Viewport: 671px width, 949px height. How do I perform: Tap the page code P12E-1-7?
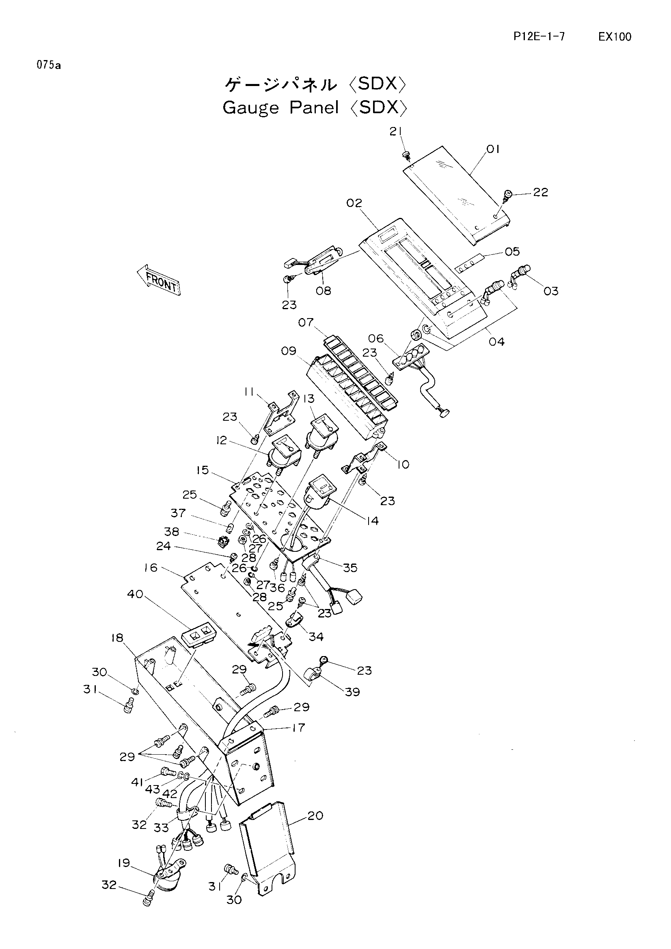coord(539,37)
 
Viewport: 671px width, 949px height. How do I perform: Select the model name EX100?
coord(615,37)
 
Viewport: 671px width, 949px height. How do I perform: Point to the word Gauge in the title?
coord(251,108)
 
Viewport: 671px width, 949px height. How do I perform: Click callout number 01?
coord(493,149)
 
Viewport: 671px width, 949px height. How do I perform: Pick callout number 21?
coord(395,131)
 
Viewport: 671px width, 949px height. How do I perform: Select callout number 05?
coord(512,251)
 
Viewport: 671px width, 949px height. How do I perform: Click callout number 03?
coord(551,291)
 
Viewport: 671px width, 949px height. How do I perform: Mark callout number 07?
coord(306,322)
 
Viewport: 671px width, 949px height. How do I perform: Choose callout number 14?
coord(372,521)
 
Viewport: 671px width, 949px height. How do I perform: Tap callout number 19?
coord(124,863)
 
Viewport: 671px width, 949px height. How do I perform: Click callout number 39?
coord(352,691)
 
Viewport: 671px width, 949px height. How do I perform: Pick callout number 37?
coord(178,513)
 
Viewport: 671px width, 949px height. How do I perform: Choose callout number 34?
coord(316,637)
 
